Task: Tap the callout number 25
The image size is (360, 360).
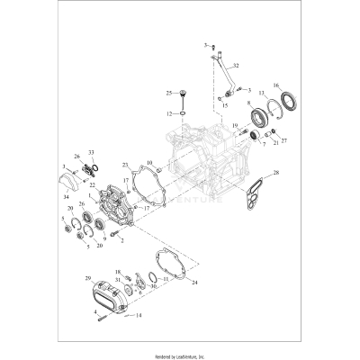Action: click(x=167, y=93)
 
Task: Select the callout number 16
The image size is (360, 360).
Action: click(x=277, y=85)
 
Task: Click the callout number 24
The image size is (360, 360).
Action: click(x=195, y=283)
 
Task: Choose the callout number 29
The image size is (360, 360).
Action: click(x=88, y=279)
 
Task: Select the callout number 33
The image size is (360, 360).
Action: click(x=91, y=153)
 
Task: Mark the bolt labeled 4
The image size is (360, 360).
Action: click(x=100, y=315)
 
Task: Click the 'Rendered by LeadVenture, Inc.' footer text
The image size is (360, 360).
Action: click(x=180, y=354)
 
